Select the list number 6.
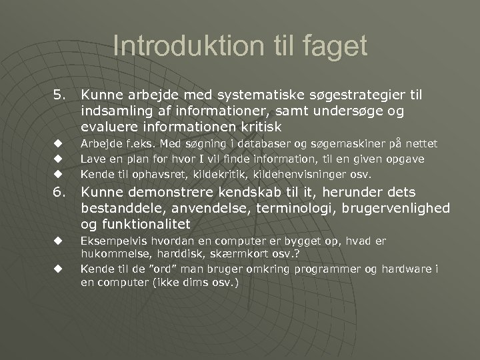[61, 194]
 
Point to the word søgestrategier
[357, 97]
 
